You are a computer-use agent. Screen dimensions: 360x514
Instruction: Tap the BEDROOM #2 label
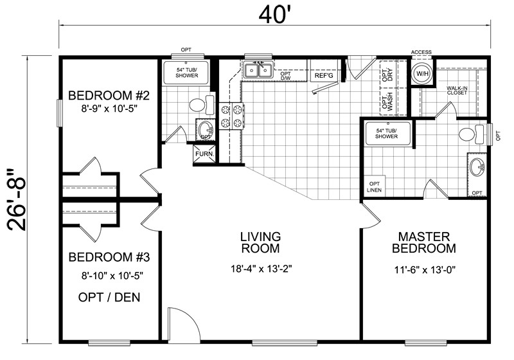(x=109, y=96)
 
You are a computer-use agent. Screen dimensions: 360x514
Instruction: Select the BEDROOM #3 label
(x=109, y=258)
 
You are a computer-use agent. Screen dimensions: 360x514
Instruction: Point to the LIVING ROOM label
(x=260, y=242)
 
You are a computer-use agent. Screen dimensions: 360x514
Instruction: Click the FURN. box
(x=204, y=154)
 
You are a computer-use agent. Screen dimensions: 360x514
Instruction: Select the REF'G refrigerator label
(x=323, y=76)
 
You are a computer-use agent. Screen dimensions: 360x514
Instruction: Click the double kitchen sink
(x=258, y=70)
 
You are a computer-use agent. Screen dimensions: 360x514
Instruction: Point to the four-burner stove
(x=231, y=116)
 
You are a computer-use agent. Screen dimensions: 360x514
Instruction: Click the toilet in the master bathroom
(x=468, y=134)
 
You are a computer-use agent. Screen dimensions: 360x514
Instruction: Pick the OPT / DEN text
(x=109, y=298)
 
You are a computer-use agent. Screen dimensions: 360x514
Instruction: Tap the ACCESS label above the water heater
(x=421, y=52)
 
